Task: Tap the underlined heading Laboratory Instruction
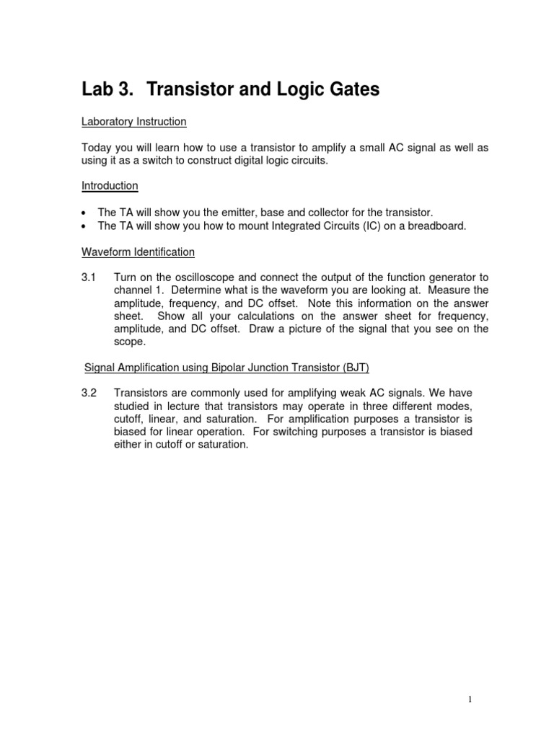coord(133,122)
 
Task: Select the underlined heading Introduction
coord(110,185)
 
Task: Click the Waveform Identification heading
coord(138,252)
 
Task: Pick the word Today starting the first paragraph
coord(96,148)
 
